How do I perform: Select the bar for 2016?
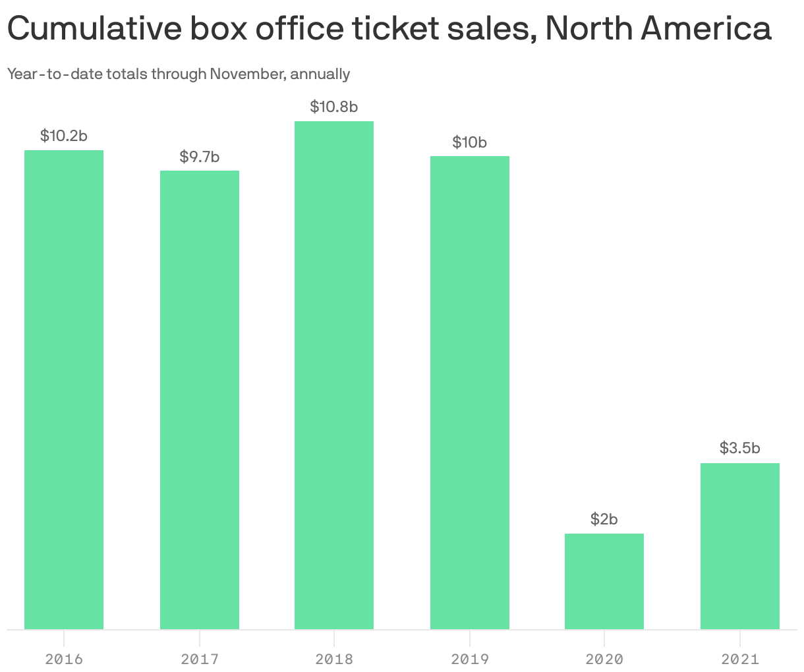[x=64, y=389]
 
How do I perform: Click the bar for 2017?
[x=200, y=399]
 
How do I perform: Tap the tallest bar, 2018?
[x=334, y=375]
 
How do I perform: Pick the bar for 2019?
[x=470, y=392]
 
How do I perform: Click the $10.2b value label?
[x=64, y=136]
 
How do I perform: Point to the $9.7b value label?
[x=200, y=157]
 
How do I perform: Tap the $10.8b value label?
[x=334, y=107]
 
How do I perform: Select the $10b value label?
[x=470, y=142]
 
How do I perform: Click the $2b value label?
[x=604, y=519]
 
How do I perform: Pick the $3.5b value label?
[x=740, y=449]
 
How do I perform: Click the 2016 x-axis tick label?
[x=64, y=659]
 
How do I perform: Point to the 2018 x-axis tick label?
[x=334, y=659]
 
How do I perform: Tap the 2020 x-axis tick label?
[x=604, y=659]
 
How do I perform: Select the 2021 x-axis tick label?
[x=740, y=659]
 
